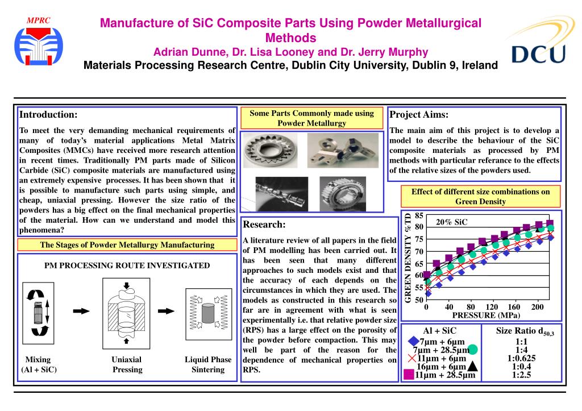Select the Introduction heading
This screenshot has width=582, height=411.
click(x=48, y=115)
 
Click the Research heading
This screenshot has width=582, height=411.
click(x=264, y=225)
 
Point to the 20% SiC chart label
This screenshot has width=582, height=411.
click(x=451, y=222)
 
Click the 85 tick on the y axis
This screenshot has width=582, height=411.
click(x=419, y=215)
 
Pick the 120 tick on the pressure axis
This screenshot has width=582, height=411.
click(x=492, y=307)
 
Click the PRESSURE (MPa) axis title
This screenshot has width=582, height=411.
click(x=486, y=315)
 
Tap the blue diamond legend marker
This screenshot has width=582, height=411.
click(x=414, y=342)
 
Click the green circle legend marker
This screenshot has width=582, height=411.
click(x=472, y=350)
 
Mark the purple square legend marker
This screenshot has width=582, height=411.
click(x=408, y=375)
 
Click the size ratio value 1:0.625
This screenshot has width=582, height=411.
click(x=521, y=358)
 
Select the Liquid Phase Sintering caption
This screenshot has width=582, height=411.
click(x=208, y=364)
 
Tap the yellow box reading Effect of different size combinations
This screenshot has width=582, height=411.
click(x=480, y=196)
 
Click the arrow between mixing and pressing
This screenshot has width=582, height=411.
click(x=82, y=311)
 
